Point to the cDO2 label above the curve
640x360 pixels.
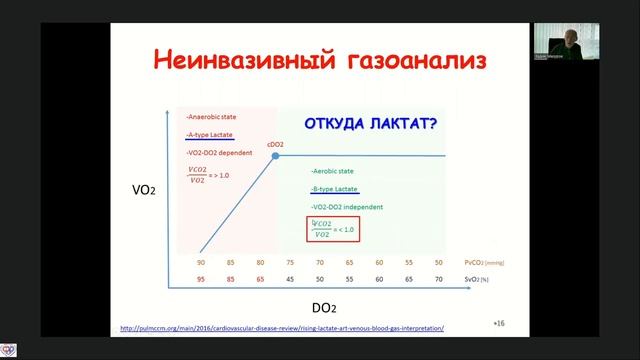pos(276,146)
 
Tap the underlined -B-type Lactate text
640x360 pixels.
pos(335,189)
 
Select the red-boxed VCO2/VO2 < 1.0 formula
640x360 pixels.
pos(332,229)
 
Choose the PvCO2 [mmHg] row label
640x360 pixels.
pos(485,262)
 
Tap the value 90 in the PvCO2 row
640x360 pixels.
pos(202,262)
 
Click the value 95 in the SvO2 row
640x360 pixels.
pos(202,280)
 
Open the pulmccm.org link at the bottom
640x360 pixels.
pos(281,328)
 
